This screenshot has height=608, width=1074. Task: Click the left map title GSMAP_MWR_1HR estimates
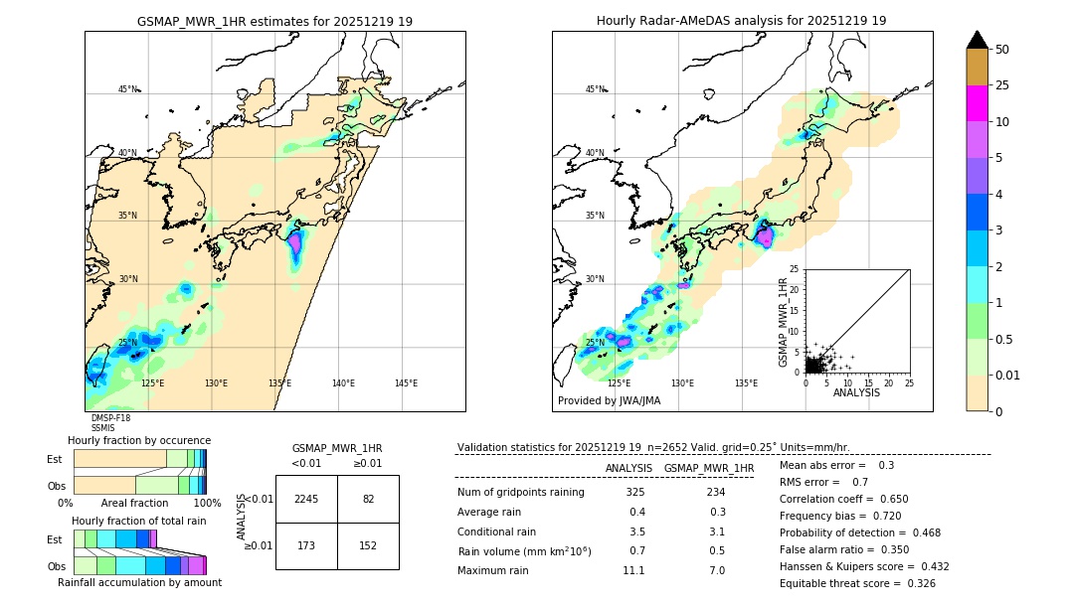(274, 21)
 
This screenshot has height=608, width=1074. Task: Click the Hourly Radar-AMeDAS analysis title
(741, 21)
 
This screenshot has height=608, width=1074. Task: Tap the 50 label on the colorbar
(1002, 50)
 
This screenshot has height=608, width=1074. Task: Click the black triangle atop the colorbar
(978, 40)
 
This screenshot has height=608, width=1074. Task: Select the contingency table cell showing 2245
(306, 499)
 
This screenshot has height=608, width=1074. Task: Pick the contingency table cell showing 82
(368, 499)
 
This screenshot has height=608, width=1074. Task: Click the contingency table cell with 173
(306, 545)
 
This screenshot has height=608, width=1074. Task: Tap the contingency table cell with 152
(368, 545)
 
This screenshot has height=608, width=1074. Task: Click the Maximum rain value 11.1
(633, 570)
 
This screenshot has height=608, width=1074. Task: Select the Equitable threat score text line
(857, 583)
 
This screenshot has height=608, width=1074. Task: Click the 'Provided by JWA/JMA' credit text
(609, 401)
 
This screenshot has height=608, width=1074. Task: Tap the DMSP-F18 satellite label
(110, 418)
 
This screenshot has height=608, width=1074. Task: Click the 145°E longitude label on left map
(406, 383)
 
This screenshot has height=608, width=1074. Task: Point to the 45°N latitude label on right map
(595, 89)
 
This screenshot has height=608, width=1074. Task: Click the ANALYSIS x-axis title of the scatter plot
(857, 392)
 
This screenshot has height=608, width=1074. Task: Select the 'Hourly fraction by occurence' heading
(139, 440)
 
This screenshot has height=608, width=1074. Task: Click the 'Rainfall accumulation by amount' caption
(139, 582)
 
